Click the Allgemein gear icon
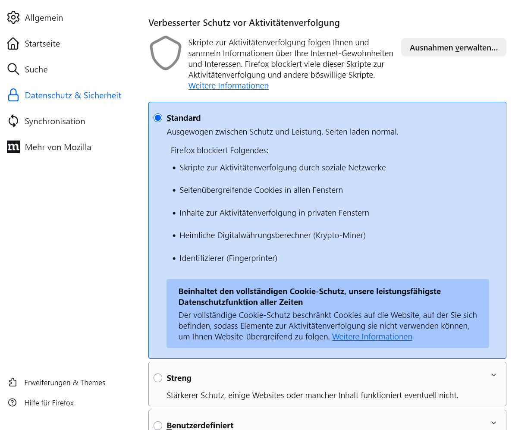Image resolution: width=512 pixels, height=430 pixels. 13,18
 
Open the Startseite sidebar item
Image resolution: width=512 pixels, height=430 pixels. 42,44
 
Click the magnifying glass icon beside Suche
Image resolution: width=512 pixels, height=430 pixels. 13,69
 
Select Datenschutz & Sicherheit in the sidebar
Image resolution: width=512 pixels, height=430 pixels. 73,95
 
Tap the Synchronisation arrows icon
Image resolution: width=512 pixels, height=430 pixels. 13,121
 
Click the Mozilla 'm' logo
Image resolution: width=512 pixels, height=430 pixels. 13,147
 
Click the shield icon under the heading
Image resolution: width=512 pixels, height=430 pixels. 165,53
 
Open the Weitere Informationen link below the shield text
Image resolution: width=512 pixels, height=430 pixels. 228,86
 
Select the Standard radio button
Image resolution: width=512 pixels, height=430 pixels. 158,118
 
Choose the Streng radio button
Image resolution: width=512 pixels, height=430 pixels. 158,378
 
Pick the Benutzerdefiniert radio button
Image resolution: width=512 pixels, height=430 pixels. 158,425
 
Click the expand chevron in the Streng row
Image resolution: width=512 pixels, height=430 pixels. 494,375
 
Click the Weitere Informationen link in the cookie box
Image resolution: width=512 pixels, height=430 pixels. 372,337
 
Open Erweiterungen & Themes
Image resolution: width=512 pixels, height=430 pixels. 65,383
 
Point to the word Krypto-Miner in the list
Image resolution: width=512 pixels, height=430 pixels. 340,235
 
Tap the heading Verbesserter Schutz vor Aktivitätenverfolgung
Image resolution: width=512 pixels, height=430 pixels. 244,23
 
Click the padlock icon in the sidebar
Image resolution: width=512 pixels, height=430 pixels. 13,95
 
